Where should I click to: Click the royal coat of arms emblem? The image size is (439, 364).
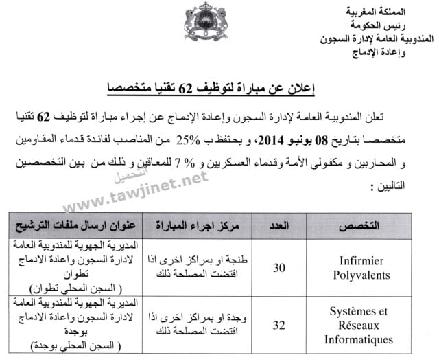coord(201,21)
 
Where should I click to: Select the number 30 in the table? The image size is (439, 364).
coord(279,268)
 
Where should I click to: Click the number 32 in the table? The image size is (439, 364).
coord(279,326)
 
